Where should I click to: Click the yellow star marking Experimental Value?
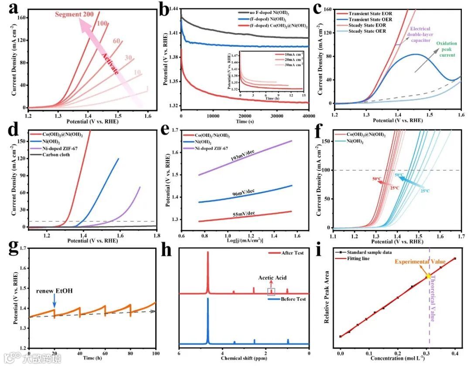point(428,276)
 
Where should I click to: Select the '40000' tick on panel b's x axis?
point(308,116)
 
